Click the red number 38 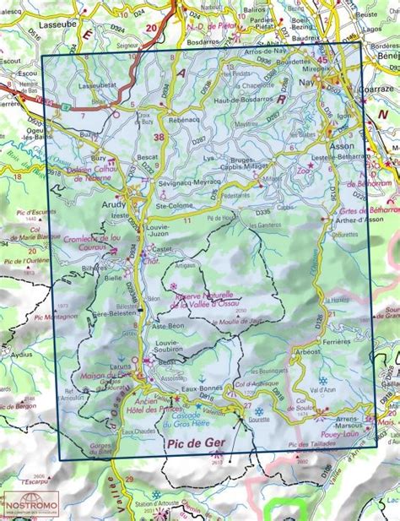tap(159, 137)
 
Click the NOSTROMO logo tap(31, 505)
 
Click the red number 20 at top tap(151, 27)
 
